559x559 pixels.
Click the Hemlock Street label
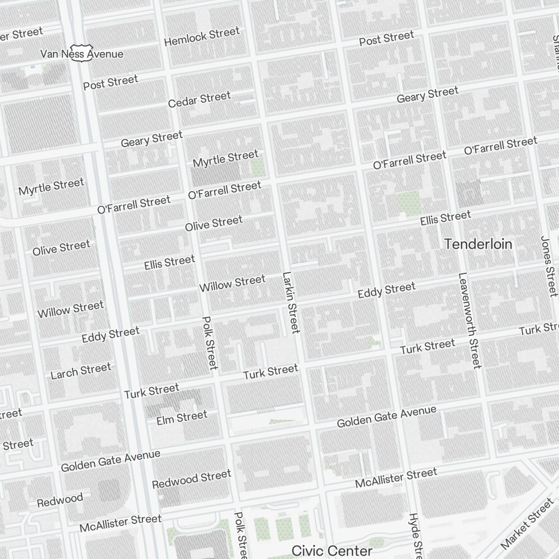tap(202, 37)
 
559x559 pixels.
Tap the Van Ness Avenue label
tap(82, 54)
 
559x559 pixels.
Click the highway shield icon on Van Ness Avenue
tap(81, 53)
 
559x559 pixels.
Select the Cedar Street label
tap(199, 100)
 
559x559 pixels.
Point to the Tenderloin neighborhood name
tap(478, 244)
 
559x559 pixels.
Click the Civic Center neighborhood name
tap(332, 551)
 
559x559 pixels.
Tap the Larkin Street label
tap(291, 302)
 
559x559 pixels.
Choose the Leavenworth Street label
tap(469, 320)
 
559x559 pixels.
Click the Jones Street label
tap(549, 266)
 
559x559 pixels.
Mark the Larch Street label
tap(81, 371)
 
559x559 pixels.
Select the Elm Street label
tap(182, 417)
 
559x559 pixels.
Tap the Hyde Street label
tap(415, 534)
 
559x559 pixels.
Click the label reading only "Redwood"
tap(60, 500)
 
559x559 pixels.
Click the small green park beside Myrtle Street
tap(258, 167)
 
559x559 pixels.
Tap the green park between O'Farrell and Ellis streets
tap(409, 203)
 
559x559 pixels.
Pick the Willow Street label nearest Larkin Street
tap(232, 283)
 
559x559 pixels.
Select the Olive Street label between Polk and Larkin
tap(214, 223)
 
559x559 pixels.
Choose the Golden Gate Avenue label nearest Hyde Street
tap(386, 417)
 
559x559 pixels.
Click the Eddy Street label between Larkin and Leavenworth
tap(387, 290)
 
